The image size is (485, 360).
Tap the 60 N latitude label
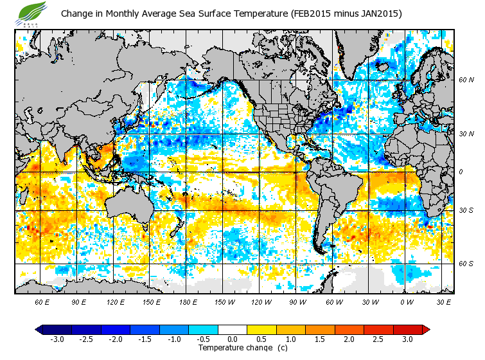(x=466, y=80)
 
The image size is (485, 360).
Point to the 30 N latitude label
(x=466, y=134)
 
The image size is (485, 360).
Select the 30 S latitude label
(x=466, y=210)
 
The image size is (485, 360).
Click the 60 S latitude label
(x=466, y=264)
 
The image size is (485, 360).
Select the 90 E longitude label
(x=78, y=301)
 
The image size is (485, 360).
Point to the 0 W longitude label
(x=406, y=301)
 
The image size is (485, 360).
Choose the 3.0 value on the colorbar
(x=407, y=339)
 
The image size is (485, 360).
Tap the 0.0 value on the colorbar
(x=232, y=339)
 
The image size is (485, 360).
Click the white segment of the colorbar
(x=232, y=329)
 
